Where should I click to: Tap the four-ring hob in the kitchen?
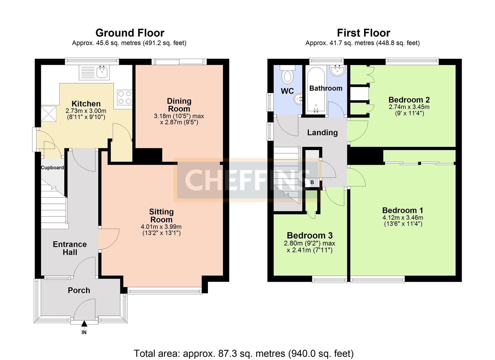(125, 97)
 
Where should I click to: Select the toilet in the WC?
(287, 75)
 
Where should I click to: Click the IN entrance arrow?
(84, 324)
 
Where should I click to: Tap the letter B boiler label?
(312, 182)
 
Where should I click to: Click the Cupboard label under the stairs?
(52, 168)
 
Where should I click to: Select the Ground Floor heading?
(130, 33)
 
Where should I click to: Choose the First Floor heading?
(364, 33)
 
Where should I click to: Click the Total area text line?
(244, 353)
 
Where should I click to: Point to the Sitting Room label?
(162, 216)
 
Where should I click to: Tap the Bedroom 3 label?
(310, 235)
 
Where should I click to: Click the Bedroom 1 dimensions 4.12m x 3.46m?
(403, 217)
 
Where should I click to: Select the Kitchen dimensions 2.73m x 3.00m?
(86, 111)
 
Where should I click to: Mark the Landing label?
(322, 133)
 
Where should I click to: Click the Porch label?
(79, 290)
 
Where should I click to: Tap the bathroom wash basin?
(337, 70)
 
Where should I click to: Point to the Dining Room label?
(179, 105)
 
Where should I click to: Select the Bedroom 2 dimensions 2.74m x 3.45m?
(409, 107)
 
